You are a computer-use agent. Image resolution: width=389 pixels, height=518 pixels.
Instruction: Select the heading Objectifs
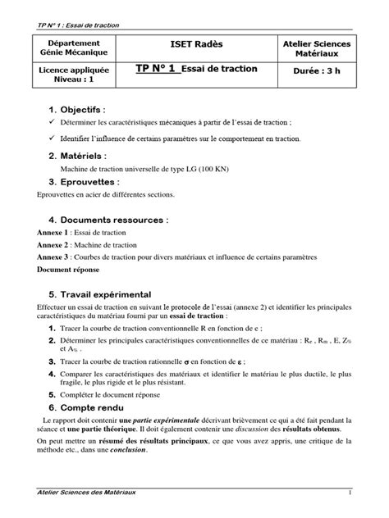pyautogui.click(x=82, y=109)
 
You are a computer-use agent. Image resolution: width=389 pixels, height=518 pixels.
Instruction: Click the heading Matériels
pyautogui.click(x=83, y=155)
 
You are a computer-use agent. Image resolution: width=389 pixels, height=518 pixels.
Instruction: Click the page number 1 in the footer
pyautogui.click(x=350, y=493)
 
